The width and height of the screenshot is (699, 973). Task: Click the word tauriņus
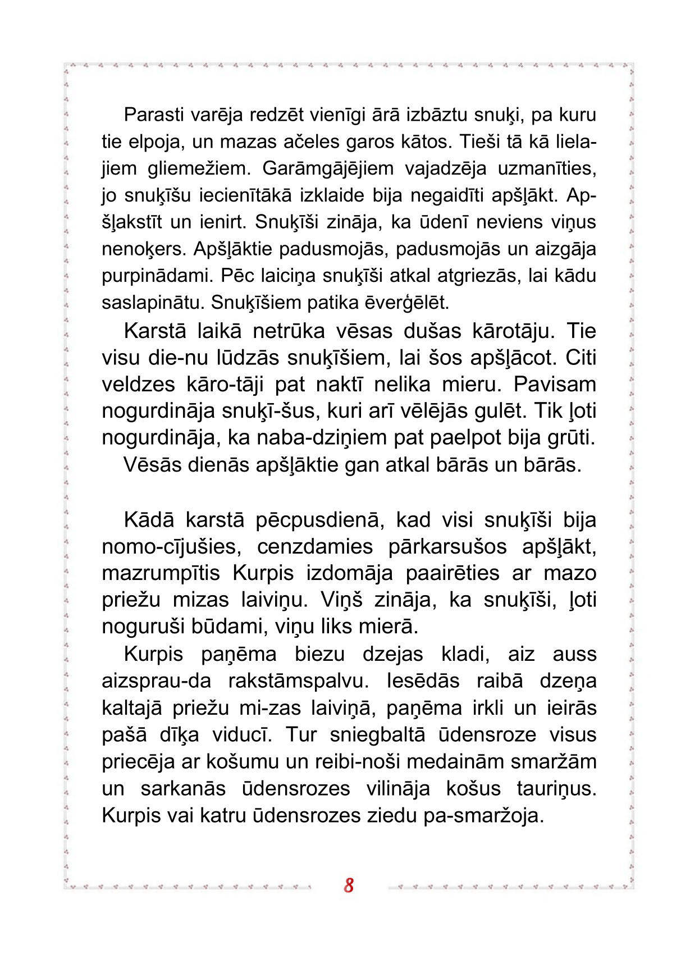tap(556, 789)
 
